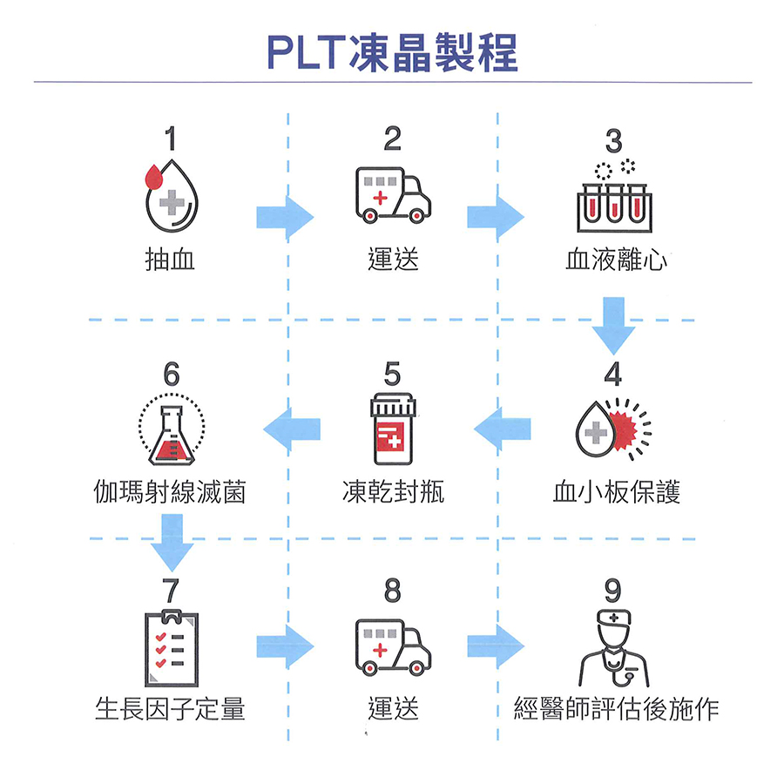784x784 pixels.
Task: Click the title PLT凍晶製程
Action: [392, 52]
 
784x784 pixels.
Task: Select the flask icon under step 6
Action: [172, 432]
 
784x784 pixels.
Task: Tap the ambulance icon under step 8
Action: [392, 648]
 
